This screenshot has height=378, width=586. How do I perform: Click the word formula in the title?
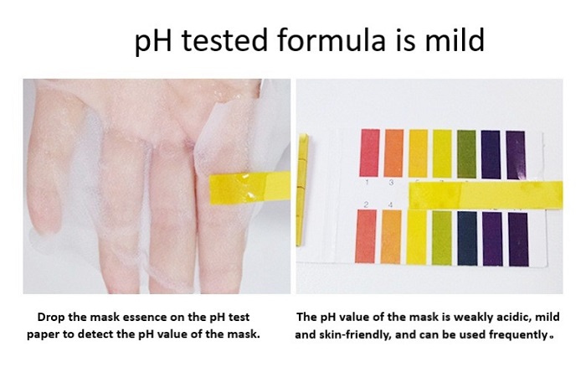pyautogui.click(x=332, y=39)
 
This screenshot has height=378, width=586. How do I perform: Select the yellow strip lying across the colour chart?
pyautogui.click(x=486, y=194)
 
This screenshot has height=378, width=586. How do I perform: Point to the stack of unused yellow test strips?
pyautogui.click(x=302, y=189)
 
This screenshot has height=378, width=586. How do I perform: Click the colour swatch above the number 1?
pyautogui.click(x=370, y=153)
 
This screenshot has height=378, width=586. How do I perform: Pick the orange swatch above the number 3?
pyautogui.click(x=394, y=153)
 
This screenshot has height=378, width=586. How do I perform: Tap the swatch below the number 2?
pyautogui.click(x=366, y=236)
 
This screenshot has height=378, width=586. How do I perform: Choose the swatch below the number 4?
pyautogui.click(x=391, y=237)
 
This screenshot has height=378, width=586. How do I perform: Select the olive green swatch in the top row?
pyautogui.click(x=466, y=154)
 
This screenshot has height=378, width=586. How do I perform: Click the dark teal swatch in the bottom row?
pyautogui.click(x=467, y=238)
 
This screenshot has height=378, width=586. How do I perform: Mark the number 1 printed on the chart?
pyautogui.click(x=368, y=183)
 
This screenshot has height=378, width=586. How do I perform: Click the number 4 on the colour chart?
pyautogui.click(x=391, y=205)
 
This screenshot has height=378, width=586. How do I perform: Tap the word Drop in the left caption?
pyautogui.click(x=51, y=318)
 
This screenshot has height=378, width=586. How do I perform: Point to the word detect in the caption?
pyautogui.click(x=96, y=334)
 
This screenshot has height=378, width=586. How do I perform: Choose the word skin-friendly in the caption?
pyautogui.click(x=355, y=334)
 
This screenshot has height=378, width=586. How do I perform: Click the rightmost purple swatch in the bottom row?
pyautogui.click(x=518, y=239)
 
